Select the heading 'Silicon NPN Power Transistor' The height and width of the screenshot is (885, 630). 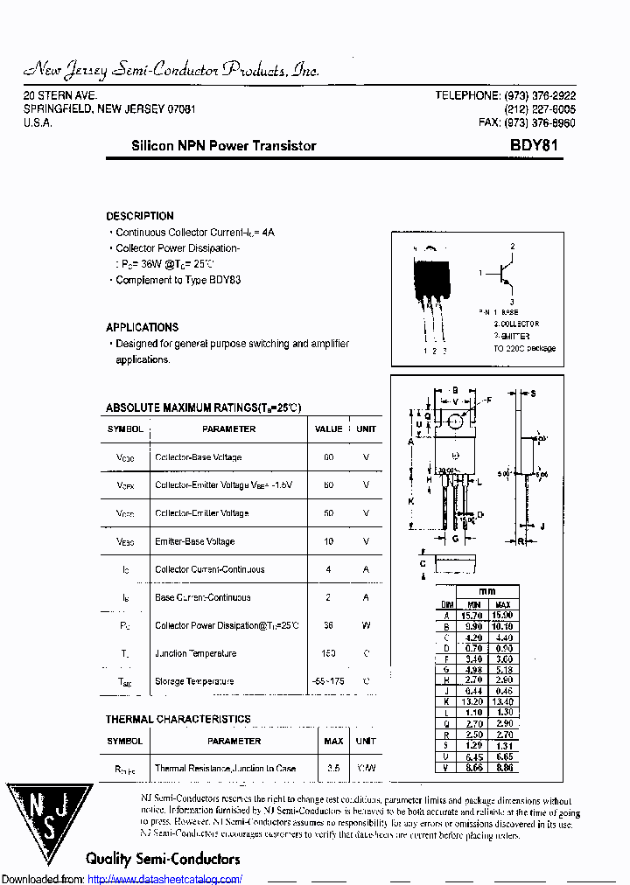(x=223, y=146)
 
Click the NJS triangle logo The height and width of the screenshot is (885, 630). (x=49, y=824)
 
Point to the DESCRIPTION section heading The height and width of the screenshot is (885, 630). (x=140, y=216)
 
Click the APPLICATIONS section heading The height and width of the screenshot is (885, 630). (x=143, y=327)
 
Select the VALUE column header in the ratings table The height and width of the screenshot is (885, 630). (x=328, y=429)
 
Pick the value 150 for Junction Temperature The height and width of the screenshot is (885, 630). (x=328, y=653)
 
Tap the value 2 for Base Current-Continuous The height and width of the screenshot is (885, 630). (x=328, y=597)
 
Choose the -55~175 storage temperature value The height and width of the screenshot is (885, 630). (x=328, y=681)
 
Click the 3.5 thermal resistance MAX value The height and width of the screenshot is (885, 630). (x=332, y=769)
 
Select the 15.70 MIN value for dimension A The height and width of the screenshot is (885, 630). (x=473, y=616)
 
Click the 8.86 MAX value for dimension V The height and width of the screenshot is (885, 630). (x=504, y=767)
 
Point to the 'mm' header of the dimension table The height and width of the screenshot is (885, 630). (x=486, y=592)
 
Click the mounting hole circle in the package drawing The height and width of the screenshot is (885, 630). (x=455, y=422)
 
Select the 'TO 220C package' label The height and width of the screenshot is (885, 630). (x=523, y=348)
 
